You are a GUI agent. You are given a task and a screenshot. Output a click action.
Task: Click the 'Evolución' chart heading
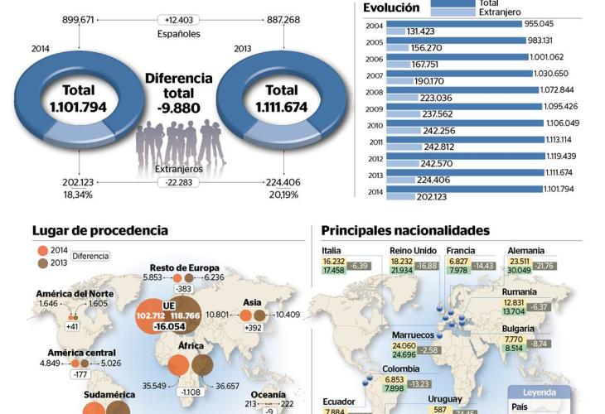(x=391, y=7)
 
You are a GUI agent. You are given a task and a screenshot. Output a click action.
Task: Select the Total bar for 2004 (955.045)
(x=455, y=23)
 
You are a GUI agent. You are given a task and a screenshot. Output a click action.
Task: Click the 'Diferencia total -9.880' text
(x=178, y=92)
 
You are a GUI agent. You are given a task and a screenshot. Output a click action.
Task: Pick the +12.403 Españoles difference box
(x=178, y=19)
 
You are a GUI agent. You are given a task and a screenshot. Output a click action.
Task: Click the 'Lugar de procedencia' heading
(x=100, y=231)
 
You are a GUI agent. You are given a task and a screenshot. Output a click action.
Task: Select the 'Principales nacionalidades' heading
(x=405, y=231)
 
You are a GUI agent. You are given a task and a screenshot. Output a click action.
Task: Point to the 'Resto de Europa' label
(x=184, y=267)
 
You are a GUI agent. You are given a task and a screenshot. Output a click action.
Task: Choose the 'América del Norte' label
(x=75, y=293)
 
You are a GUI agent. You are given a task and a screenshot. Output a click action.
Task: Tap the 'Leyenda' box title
(x=540, y=392)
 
